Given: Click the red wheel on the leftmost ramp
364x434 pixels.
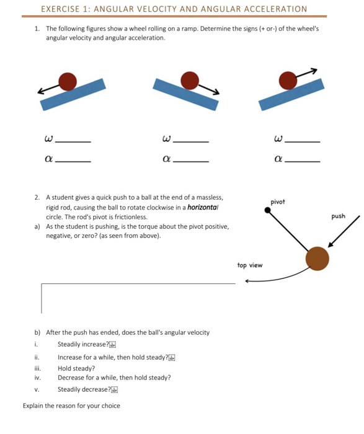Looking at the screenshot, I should coord(67,81).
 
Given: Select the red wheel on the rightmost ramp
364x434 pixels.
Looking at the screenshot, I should coord(288,80).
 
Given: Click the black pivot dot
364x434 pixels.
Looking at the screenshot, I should coord(268,211).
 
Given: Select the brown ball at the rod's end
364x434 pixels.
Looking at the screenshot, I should coord(317,258).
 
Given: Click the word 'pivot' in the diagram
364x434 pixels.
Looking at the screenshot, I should coord(278,201).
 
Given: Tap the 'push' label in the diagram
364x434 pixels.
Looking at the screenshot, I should coord(339,216).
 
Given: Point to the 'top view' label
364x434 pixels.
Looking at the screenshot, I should coord(249,265).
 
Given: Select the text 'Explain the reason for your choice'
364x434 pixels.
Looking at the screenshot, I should coord(71,406).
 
